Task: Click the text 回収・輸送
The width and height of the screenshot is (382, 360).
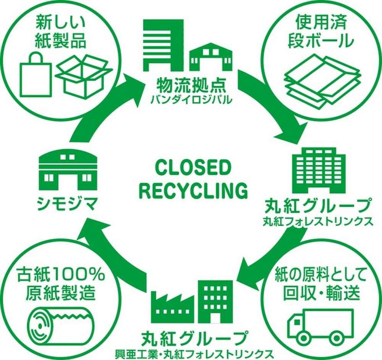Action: [x=321, y=292]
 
